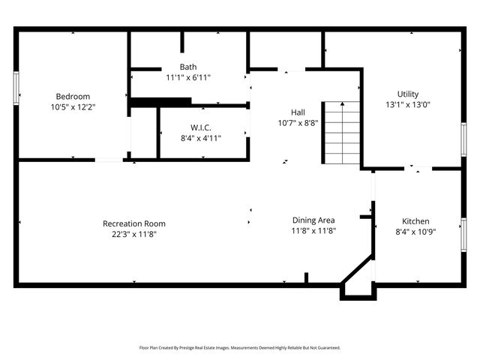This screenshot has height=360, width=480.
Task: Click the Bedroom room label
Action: (x=73, y=97)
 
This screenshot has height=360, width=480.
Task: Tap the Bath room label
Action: (x=188, y=67)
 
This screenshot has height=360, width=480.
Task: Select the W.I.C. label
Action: (x=201, y=127)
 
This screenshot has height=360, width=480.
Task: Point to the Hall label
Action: (x=298, y=112)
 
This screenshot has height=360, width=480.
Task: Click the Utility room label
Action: (x=408, y=94)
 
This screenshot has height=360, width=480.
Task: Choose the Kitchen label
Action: (x=415, y=221)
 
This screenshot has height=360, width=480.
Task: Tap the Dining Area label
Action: (x=313, y=220)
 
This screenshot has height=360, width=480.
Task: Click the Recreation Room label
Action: (x=134, y=223)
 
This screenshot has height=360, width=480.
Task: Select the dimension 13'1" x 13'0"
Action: (x=408, y=105)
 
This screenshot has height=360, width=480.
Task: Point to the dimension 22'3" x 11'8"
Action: (x=134, y=235)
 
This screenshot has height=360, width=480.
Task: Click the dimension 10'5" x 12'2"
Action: (x=73, y=107)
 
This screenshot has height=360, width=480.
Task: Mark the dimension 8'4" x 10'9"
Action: (x=415, y=232)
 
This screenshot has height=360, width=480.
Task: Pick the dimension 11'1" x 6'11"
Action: (x=188, y=77)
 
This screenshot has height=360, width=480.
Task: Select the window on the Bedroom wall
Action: (x=16, y=88)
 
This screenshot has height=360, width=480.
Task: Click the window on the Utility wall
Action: (x=463, y=139)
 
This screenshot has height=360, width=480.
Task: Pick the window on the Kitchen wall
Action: (x=463, y=235)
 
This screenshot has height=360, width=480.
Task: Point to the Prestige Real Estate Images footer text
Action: (x=240, y=348)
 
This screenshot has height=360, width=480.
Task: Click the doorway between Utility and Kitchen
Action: (x=418, y=168)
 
